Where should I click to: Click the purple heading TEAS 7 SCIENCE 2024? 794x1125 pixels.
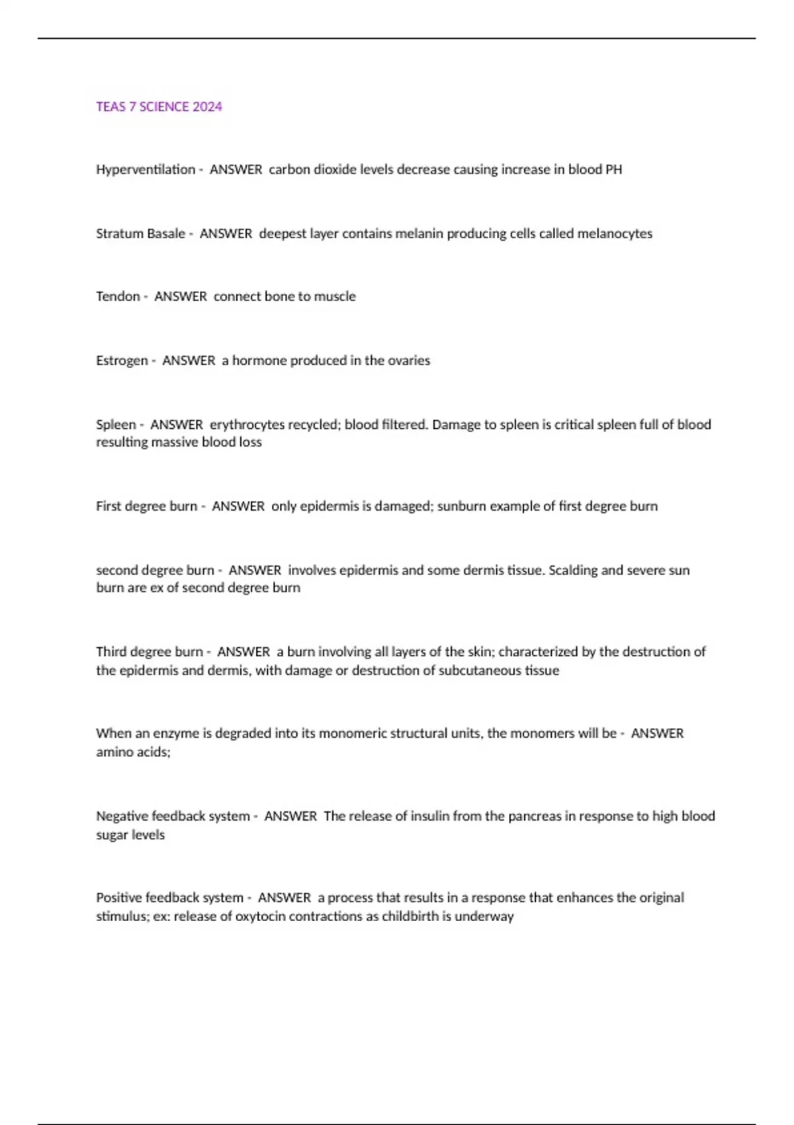coord(159,107)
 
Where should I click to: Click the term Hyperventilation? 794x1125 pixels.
coord(146,169)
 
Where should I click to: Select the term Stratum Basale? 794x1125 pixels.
coord(140,234)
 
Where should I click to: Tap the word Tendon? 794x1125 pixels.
coord(118,296)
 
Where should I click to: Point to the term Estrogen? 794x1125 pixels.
coord(122,361)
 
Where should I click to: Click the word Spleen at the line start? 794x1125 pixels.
coord(116,424)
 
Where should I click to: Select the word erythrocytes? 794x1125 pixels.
coord(246,424)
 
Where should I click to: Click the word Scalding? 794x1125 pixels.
coord(572,570)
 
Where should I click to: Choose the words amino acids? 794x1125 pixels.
coord(133,752)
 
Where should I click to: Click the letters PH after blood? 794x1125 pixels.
coord(613,169)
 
